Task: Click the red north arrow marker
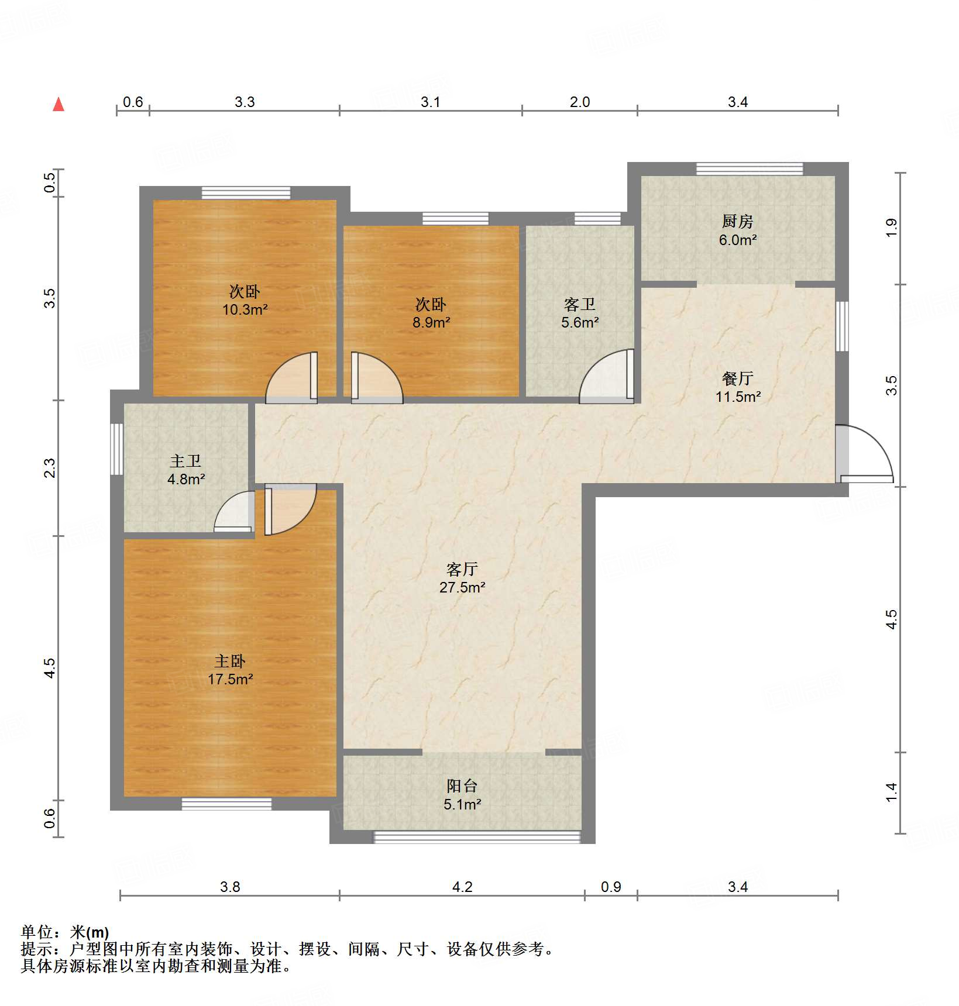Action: pos(59,105)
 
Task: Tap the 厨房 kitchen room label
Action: pos(737,222)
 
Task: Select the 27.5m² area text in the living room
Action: pos(462,587)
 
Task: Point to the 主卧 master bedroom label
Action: pos(230,661)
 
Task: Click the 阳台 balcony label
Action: pos(462,785)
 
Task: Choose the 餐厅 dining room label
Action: pos(738,378)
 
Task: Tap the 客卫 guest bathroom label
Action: pos(580,304)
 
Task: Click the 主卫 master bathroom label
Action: pos(185,461)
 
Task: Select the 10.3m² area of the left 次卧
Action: pos(245,309)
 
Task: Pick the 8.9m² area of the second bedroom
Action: pos(431,322)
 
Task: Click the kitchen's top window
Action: pos(750,169)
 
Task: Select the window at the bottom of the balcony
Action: pos(477,837)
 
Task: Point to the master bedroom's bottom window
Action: pos(226,804)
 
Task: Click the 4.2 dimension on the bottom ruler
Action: pos(462,887)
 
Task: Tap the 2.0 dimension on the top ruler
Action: pos(580,102)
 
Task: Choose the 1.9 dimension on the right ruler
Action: pos(891,228)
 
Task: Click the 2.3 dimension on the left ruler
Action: pos(50,468)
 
